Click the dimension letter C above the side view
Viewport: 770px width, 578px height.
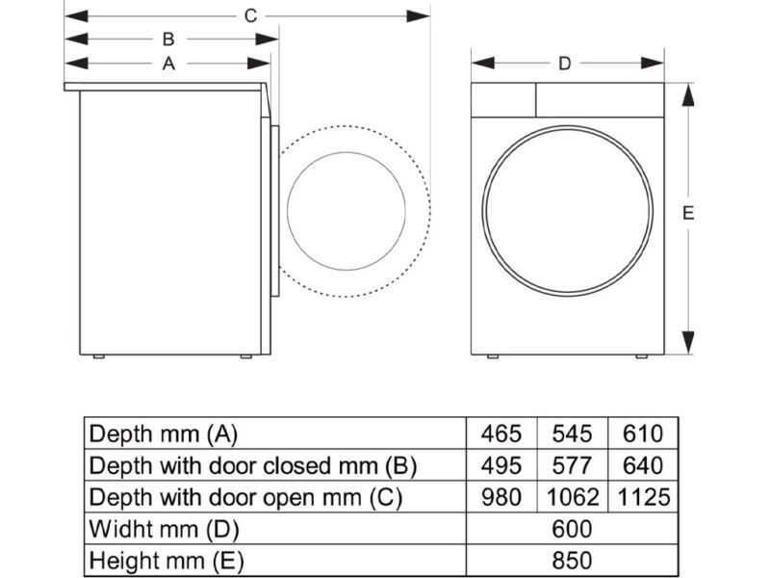pyautogui.click(x=250, y=15)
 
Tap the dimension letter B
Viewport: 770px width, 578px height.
pyautogui.click(x=167, y=39)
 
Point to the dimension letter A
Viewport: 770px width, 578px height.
pyautogui.click(x=168, y=64)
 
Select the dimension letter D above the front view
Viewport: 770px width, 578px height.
pyautogui.click(x=565, y=64)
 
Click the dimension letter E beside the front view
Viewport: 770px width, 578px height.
pyautogui.click(x=688, y=214)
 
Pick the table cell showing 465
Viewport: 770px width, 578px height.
pyautogui.click(x=500, y=433)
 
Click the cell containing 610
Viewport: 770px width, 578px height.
pyautogui.click(x=643, y=433)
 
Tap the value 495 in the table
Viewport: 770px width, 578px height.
pyautogui.click(x=500, y=465)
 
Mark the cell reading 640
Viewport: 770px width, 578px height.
pyautogui.click(x=643, y=465)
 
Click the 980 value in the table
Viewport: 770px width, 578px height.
pyautogui.click(x=500, y=497)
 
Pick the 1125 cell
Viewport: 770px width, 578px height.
pyautogui.click(x=643, y=497)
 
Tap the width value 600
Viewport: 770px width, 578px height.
pyautogui.click(x=572, y=529)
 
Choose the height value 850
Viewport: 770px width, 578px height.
pyautogui.click(x=572, y=560)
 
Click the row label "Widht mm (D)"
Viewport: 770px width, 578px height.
pyautogui.click(x=164, y=529)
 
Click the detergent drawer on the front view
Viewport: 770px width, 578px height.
pyautogui.click(x=502, y=100)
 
